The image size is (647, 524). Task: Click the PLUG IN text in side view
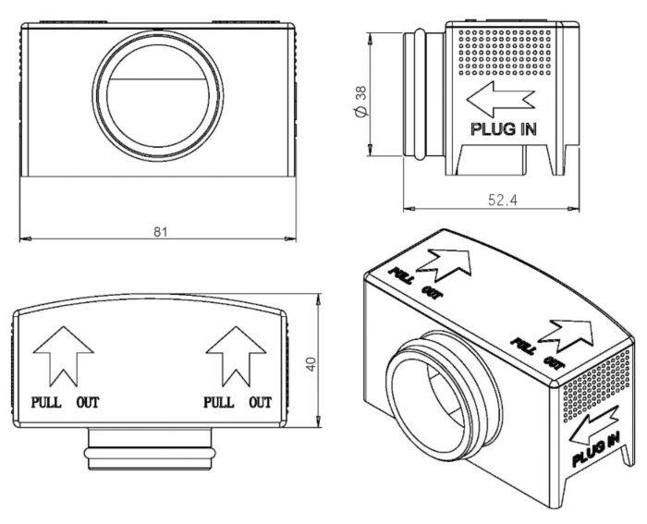click(x=504, y=129)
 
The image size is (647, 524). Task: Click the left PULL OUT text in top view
click(x=65, y=402)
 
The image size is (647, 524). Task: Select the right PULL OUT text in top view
click(x=237, y=402)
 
